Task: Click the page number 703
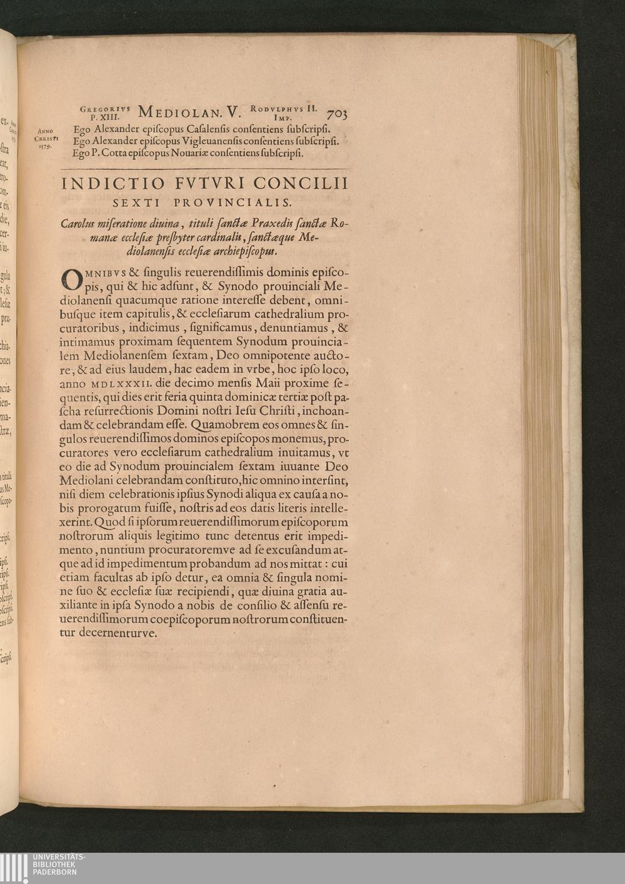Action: pos(337,113)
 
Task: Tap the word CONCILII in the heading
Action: pos(307,184)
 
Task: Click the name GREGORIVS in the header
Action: pos(105,108)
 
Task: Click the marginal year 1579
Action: pos(44,147)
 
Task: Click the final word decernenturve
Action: pos(117,632)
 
